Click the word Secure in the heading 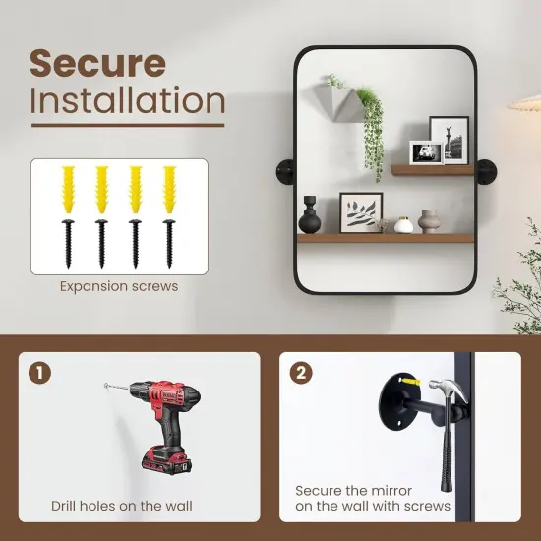[97, 64]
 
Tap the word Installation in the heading [127, 100]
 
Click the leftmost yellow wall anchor [68, 190]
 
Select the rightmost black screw [169, 243]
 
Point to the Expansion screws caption [119, 286]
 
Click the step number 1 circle [39, 373]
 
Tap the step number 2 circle [301, 373]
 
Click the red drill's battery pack [166, 461]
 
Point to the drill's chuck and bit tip [117, 387]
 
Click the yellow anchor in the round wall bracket [410, 382]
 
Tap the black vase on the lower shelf [310, 215]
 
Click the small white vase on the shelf [403, 225]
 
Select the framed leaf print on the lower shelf [361, 212]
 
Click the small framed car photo [427, 152]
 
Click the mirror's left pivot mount [285, 171]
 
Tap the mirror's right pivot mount [486, 172]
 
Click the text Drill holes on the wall [122, 506]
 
